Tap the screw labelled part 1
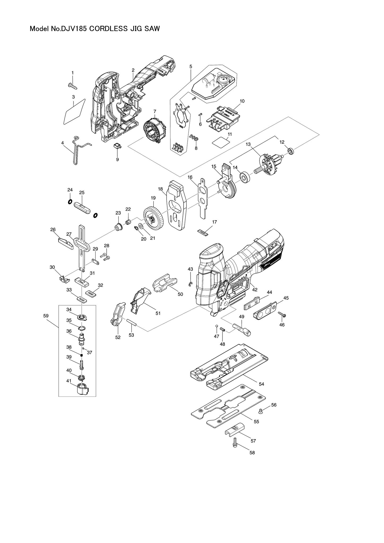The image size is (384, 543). click(x=72, y=85)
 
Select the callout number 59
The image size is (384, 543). click(x=46, y=316)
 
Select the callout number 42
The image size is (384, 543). click(x=255, y=289)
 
